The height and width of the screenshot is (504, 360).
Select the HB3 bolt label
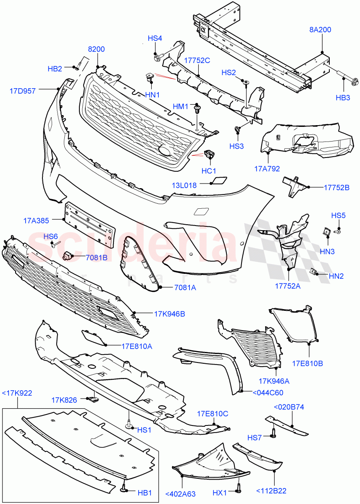(343, 97)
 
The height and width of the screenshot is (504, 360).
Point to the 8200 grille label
(96, 49)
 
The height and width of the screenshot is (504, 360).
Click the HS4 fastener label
(155, 38)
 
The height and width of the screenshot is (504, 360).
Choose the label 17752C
(197, 60)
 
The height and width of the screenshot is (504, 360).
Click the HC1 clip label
(209, 171)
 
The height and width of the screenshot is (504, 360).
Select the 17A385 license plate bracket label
(37, 220)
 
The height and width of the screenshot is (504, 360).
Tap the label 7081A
(185, 288)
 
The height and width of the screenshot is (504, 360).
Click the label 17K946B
(170, 313)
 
